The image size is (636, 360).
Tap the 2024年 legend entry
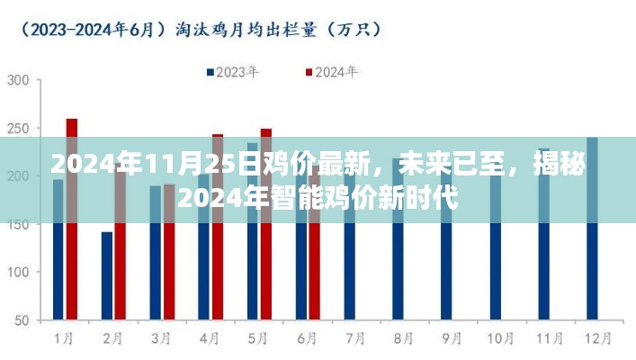(330, 72)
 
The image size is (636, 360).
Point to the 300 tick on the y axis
(19, 81)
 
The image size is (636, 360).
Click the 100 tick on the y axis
(19, 272)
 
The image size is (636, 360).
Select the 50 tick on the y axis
(22, 320)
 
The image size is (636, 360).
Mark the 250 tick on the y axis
(19, 129)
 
